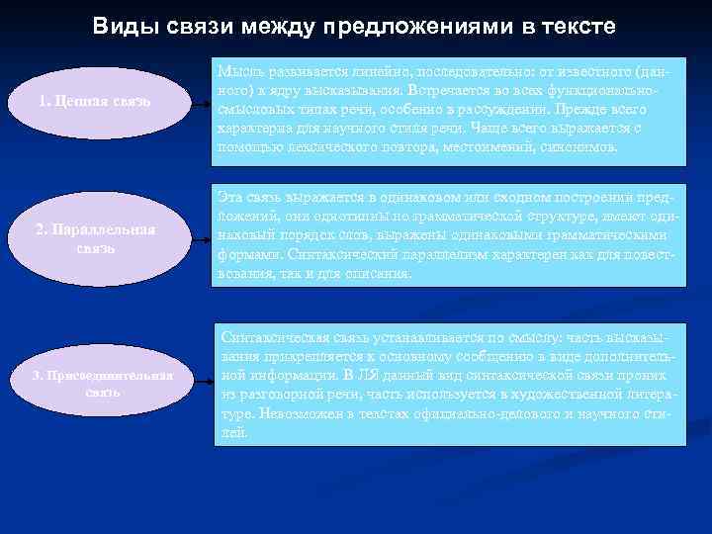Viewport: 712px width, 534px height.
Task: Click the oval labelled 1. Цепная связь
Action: (96, 100)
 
